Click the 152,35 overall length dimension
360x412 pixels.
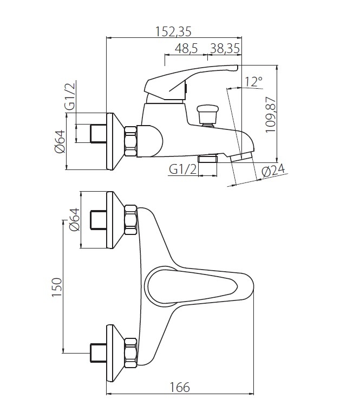(x=173, y=31)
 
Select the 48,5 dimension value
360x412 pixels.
(x=186, y=49)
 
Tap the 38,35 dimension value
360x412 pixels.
(x=225, y=49)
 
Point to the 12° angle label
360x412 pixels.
(x=253, y=82)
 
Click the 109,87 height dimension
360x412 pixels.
(x=271, y=115)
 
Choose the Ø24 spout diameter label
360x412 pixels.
(x=273, y=171)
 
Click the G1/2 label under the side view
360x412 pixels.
(x=183, y=169)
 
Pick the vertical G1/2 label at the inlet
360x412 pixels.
(x=70, y=96)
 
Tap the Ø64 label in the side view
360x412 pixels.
(x=60, y=141)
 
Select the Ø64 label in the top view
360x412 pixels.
(x=75, y=219)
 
